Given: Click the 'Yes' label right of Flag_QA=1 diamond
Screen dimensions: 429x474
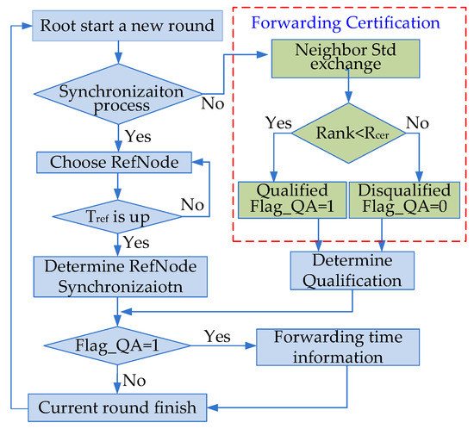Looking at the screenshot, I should click(215, 332).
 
